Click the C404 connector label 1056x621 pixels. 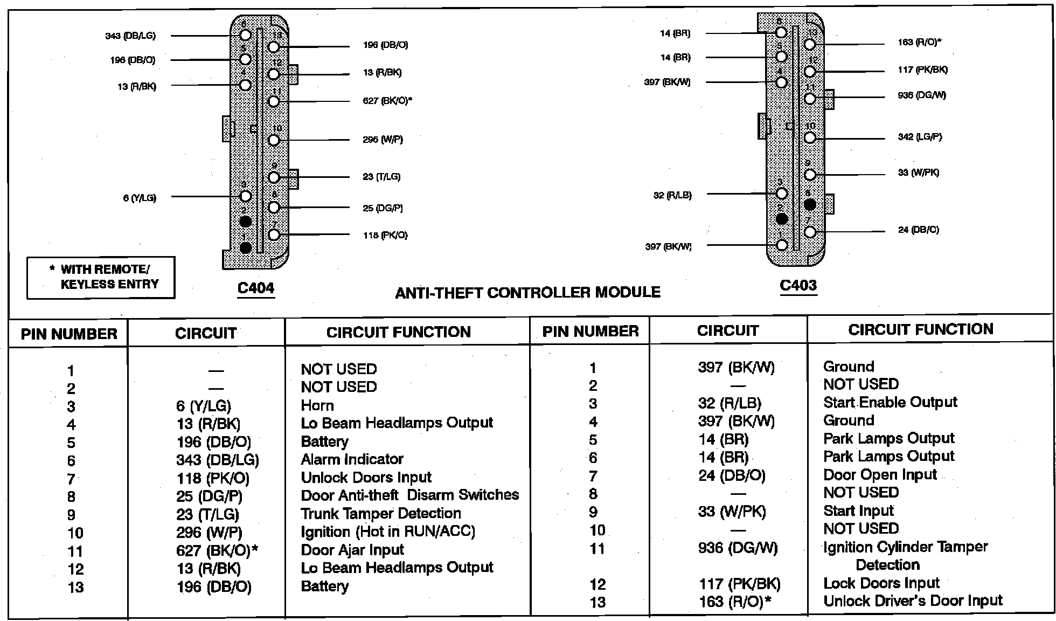point(256,288)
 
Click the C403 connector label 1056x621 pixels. point(798,286)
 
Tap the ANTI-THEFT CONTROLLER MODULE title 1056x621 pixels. point(527,293)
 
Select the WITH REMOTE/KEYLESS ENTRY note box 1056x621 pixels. point(101,277)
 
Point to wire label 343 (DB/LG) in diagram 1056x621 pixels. point(130,36)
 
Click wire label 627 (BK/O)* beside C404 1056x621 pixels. point(387,101)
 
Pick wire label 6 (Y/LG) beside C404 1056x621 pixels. point(140,198)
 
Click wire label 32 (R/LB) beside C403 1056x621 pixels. point(672,195)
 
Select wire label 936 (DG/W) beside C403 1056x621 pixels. point(922,95)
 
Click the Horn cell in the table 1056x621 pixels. point(317,405)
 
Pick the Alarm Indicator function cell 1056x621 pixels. point(352,459)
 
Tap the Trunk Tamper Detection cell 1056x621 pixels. point(381,513)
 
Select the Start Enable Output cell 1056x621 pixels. point(890,402)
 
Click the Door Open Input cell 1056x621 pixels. point(880,475)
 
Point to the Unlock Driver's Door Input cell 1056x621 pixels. point(913,601)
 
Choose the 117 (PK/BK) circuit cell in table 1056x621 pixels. point(739,584)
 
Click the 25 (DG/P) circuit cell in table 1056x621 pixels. point(209,496)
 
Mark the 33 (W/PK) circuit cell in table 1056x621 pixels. point(732,511)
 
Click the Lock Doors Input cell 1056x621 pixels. point(881,583)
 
